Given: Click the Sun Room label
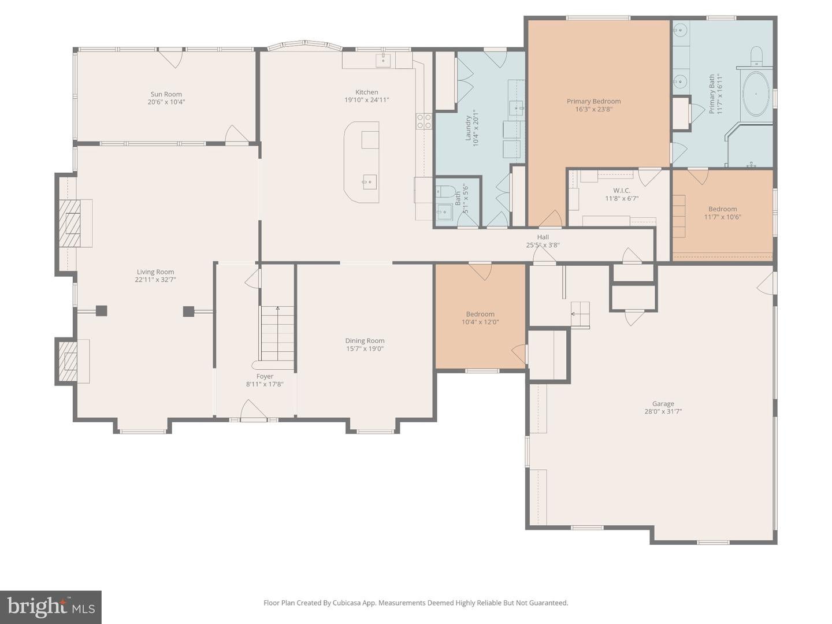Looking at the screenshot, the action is coord(166,94).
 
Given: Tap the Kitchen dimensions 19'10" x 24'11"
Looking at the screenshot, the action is coord(366,100).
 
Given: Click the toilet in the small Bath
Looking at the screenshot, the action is coord(444,191).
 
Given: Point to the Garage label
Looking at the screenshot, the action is coord(663,403).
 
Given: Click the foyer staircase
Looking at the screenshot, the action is coord(277,334).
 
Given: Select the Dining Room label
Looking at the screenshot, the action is coord(365,341).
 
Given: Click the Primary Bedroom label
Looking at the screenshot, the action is coord(593,101).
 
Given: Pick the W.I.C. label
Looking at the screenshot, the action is coord(622,190).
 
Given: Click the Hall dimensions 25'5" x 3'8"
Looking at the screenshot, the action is coord(543,245).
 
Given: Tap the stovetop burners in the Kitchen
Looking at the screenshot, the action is coord(424,121).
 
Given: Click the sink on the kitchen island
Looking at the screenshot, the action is coord(369,182).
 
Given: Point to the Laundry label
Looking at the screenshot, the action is coord(468,128).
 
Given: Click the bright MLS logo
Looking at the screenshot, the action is coord(51,607).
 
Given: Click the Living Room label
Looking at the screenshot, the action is coord(155,272).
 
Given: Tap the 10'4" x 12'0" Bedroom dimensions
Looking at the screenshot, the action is coord(480,322).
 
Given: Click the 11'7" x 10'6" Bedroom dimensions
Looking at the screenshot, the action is coord(722,217).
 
